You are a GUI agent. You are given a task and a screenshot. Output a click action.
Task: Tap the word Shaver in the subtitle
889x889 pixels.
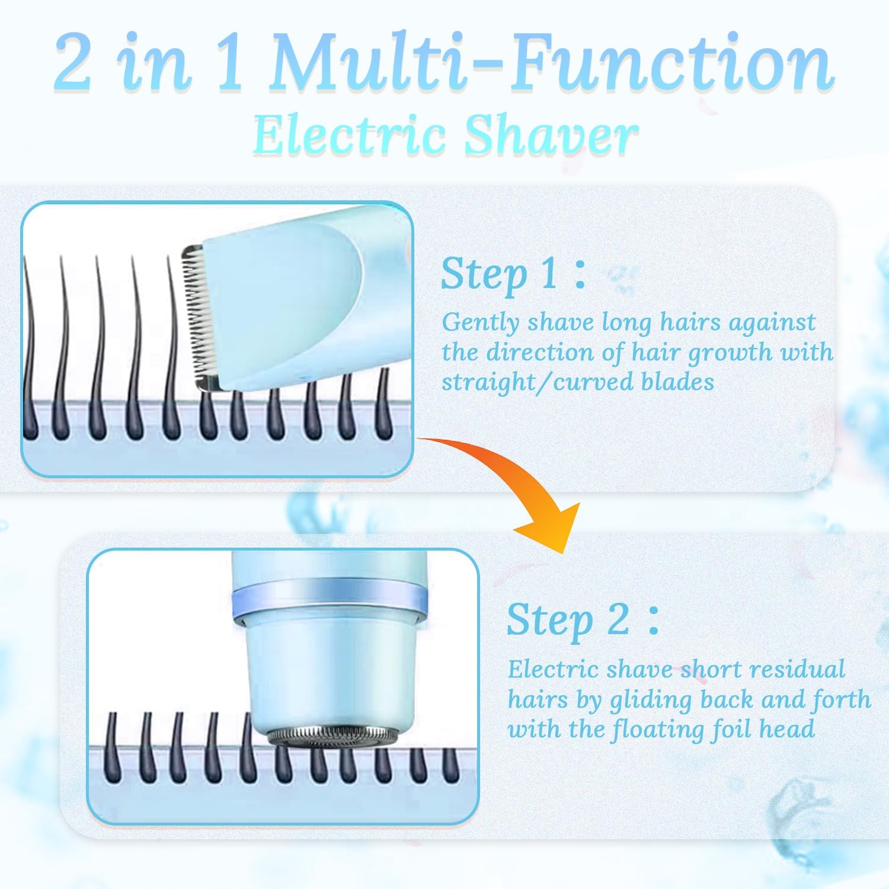[551, 135]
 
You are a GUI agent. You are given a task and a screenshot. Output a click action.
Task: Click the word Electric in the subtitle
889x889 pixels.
[350, 135]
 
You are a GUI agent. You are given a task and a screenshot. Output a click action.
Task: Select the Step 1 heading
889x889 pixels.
[513, 274]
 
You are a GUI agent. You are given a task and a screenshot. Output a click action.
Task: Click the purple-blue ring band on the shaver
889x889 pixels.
[330, 599]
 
